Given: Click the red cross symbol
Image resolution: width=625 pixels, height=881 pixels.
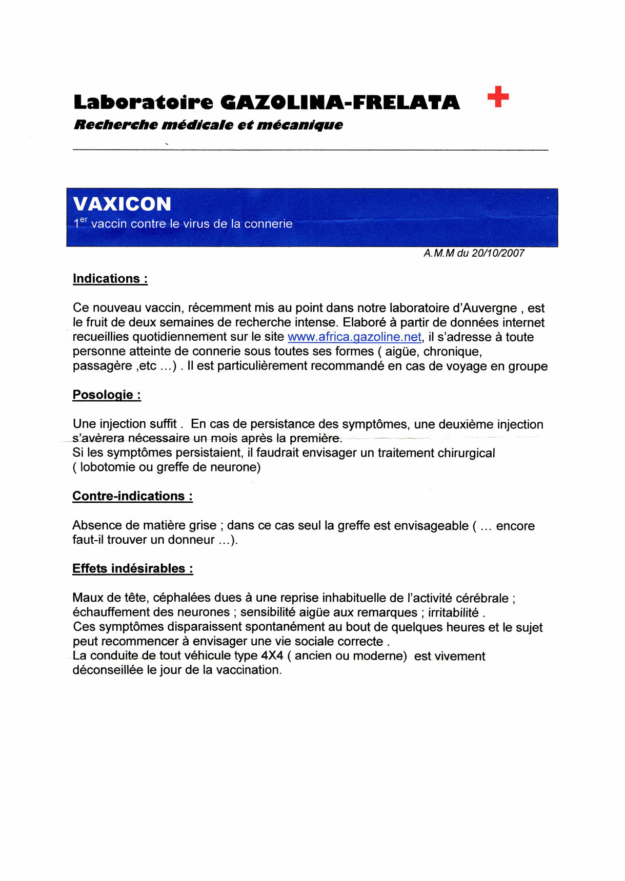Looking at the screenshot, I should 498,96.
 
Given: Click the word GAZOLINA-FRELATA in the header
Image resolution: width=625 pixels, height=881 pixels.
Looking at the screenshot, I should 340,103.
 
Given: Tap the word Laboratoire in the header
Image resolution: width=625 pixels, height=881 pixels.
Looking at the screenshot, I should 143,103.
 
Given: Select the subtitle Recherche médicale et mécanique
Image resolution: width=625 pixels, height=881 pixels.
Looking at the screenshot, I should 208,125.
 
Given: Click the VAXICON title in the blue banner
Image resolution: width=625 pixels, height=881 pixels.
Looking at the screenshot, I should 122,204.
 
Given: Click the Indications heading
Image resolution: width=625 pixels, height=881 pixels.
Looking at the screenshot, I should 110,279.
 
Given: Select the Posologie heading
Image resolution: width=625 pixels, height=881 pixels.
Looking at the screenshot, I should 107,395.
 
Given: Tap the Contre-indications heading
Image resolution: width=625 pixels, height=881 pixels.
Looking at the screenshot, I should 132,496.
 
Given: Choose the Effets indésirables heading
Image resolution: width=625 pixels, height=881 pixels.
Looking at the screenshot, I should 132,569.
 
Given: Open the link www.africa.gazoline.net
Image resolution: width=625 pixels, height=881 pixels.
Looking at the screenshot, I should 355,337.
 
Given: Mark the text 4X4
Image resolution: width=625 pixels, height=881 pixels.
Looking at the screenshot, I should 272,656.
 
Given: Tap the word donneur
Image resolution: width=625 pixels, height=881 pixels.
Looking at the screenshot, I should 191,540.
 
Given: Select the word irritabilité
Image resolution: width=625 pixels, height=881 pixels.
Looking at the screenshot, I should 453,612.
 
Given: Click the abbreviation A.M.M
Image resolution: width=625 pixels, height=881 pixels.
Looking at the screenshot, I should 439,253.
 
